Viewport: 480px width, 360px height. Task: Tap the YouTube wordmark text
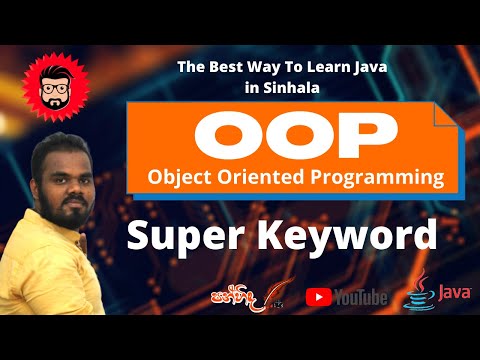(362, 297)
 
